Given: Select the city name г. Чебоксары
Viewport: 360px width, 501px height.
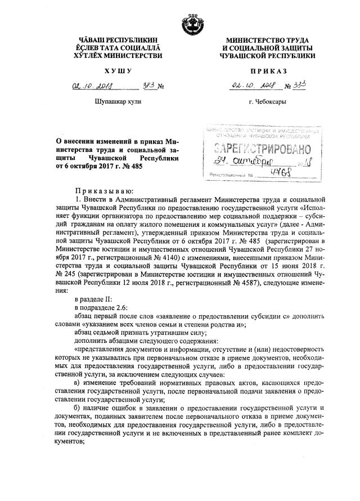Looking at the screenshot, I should coord(268,102).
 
